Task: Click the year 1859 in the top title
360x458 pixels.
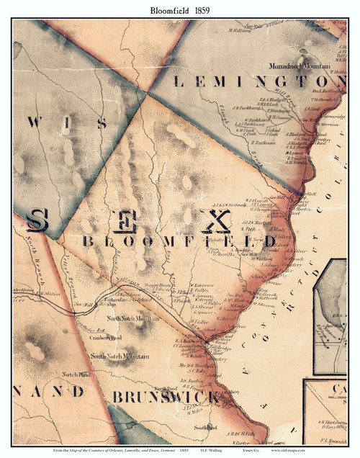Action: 201,10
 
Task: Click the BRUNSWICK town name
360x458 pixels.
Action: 166,397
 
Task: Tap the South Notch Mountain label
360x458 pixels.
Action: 120,356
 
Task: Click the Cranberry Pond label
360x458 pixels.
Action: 105,336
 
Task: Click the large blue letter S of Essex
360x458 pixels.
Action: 38,220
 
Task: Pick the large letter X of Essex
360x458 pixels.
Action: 215,221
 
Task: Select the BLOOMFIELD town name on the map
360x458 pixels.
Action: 179,241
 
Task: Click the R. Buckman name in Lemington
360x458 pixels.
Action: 266,143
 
